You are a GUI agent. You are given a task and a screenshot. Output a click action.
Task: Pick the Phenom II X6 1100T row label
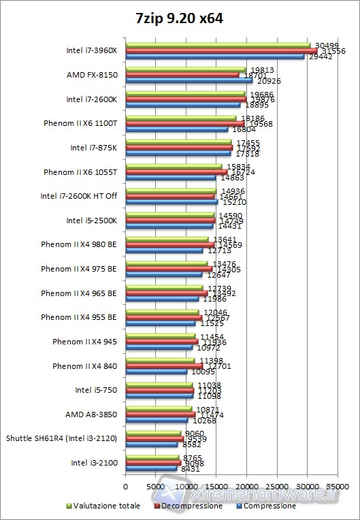tap(80, 124)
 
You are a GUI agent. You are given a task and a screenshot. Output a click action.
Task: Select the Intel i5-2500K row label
tap(92, 221)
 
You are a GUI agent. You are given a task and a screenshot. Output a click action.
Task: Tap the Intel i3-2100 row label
tap(94, 463)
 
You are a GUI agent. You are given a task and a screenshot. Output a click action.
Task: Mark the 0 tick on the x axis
tap(126, 487)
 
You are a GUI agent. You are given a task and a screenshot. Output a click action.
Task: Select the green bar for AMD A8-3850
tap(158, 409)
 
